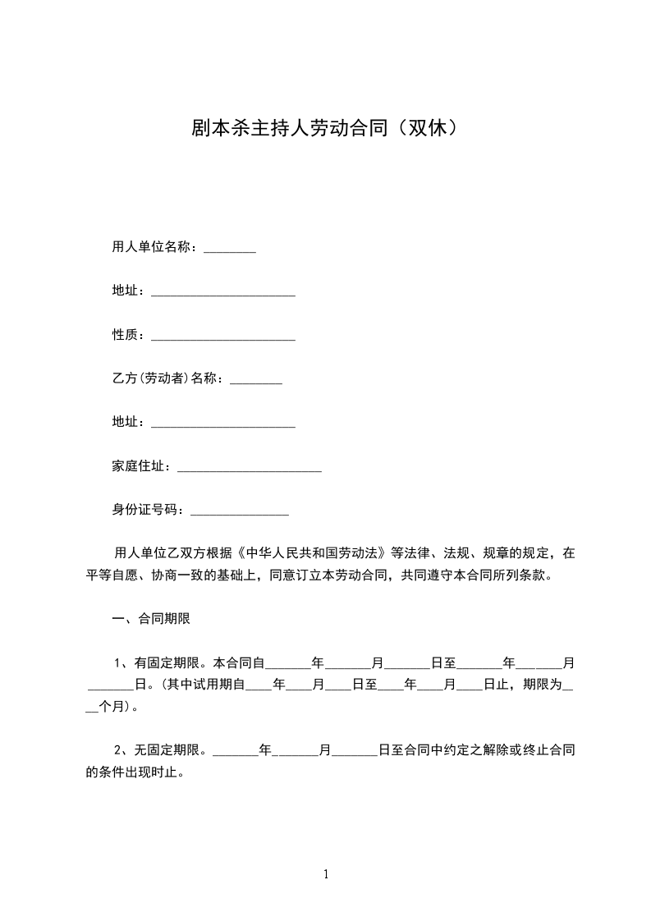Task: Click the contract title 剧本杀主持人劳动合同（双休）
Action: point(324,128)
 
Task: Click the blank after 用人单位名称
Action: point(230,248)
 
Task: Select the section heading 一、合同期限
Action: point(151,619)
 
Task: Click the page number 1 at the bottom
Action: point(326,874)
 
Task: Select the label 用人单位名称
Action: point(151,248)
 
